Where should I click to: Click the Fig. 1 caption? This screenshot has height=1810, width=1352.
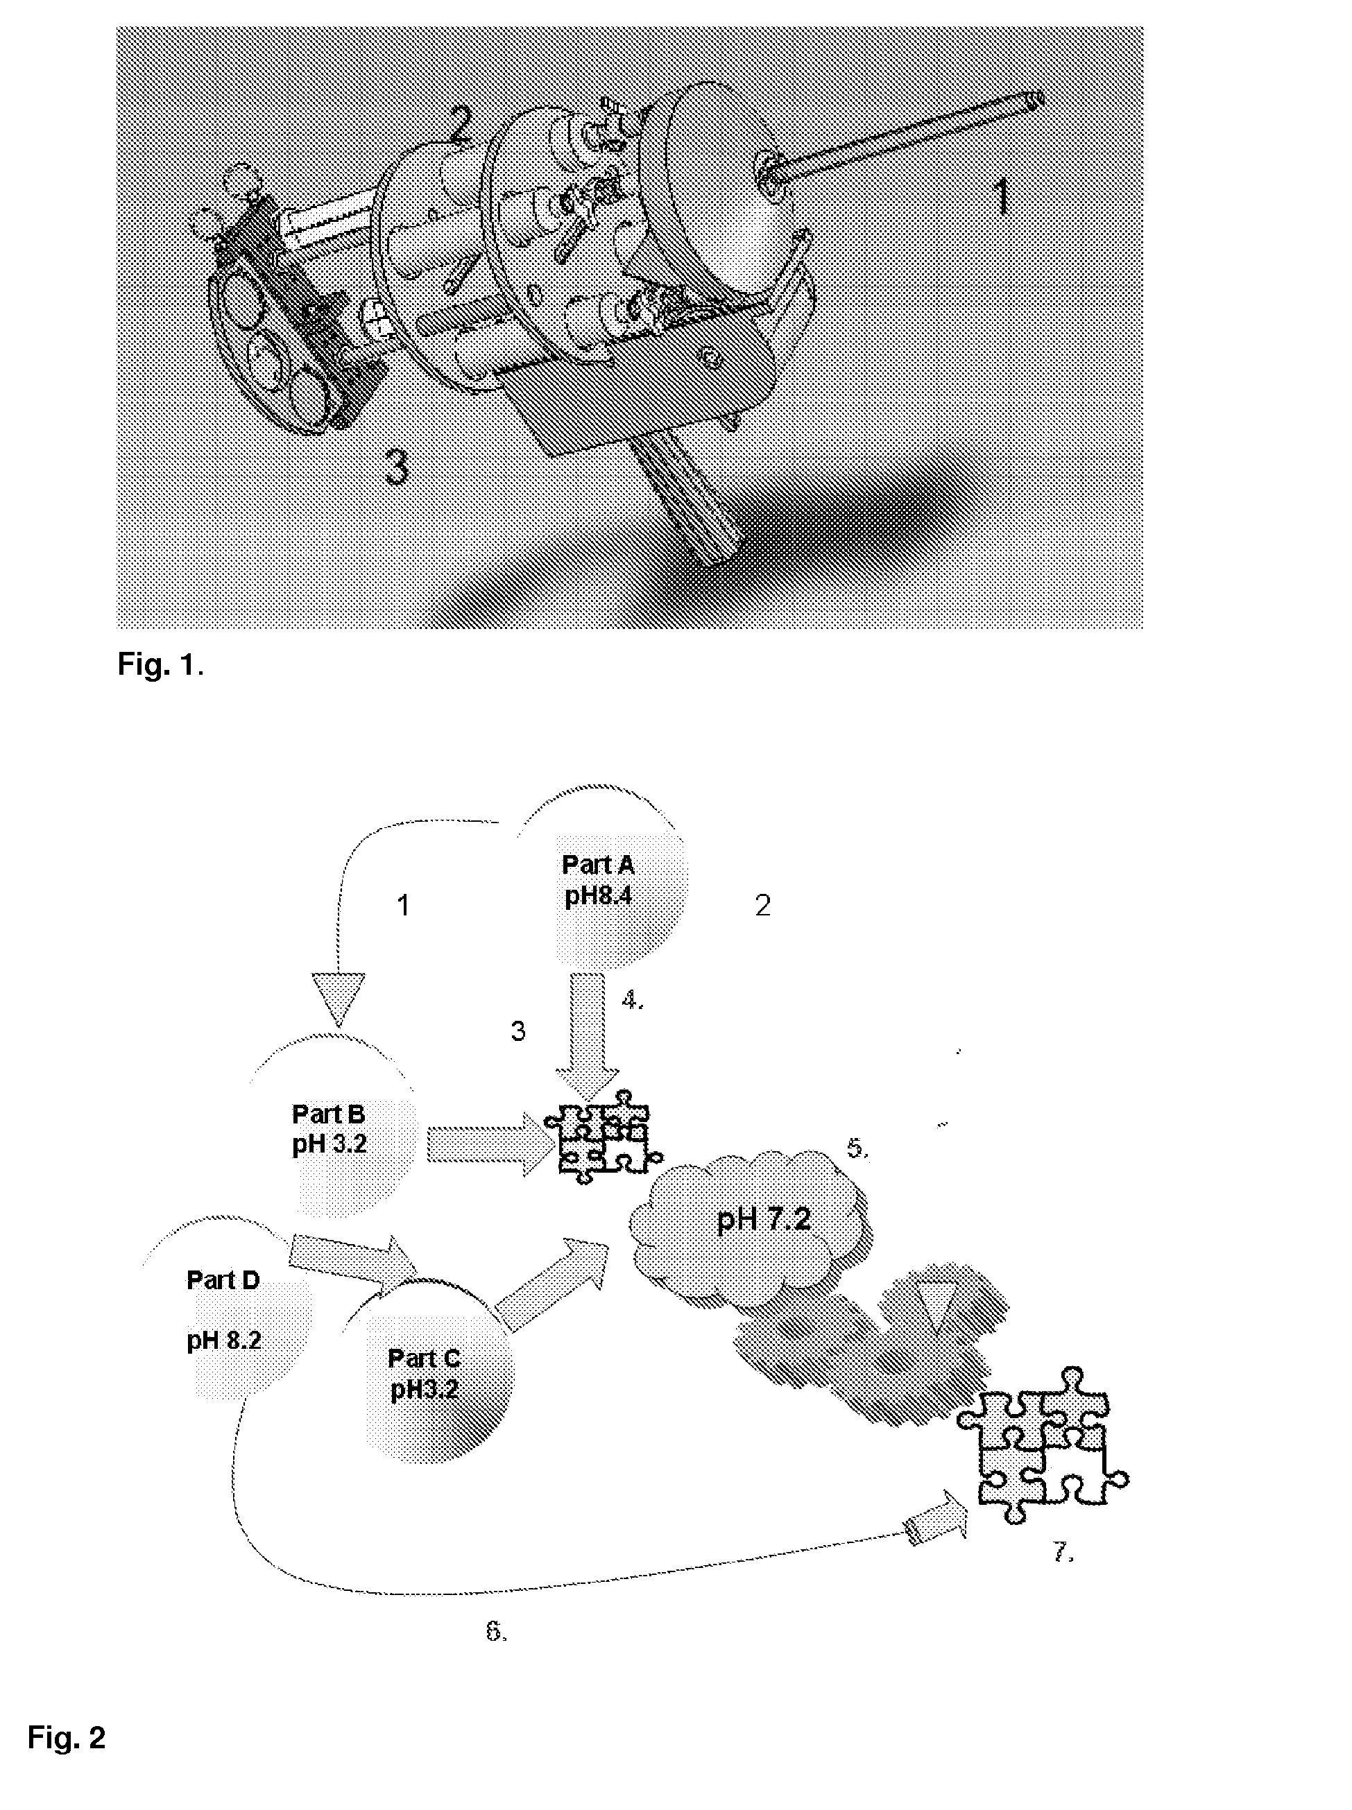pos(160,665)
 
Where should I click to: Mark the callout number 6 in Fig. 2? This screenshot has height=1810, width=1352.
pos(496,1632)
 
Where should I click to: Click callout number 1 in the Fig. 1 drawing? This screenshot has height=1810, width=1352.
pos(1003,196)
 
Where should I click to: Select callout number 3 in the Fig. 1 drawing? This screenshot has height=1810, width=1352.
pos(397,468)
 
